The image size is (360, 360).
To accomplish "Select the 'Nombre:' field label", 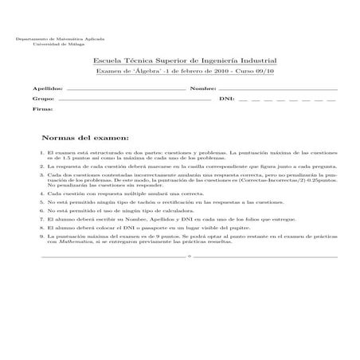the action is click(x=204, y=88).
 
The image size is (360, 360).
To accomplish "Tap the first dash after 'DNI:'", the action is click(x=241, y=100).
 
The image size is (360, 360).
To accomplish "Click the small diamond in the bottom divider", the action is click(x=189, y=257).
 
